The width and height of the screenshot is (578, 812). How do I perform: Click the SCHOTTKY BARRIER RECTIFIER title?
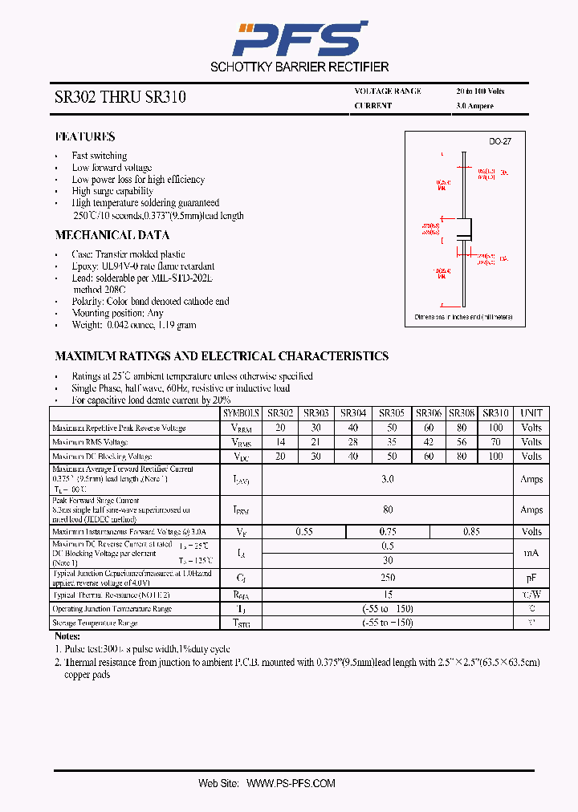pos(299,67)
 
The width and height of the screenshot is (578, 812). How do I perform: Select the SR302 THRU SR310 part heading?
pos(120,98)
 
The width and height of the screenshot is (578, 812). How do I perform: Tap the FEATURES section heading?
pos(85,137)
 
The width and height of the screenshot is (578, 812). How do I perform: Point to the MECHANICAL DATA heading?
pos(112,235)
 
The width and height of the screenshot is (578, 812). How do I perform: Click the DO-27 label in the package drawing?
pos(500,141)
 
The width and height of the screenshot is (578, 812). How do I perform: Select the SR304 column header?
pos(353,413)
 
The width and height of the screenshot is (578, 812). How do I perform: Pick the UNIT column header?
pos(531,413)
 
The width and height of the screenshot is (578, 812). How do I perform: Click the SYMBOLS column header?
pos(242,413)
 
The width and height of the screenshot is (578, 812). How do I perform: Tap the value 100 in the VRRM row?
pos(495,428)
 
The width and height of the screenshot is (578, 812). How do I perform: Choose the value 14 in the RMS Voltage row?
pos(280,442)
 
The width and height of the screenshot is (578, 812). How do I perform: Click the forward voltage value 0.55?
pos(304,532)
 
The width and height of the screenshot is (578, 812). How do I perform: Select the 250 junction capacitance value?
pos(388,578)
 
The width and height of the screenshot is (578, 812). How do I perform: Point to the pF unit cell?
pos(531,578)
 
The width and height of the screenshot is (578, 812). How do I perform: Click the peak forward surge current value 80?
pos(388,510)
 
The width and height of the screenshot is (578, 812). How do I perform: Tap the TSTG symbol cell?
pos(242,623)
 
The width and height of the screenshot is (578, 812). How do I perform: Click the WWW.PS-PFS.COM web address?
pos(291,783)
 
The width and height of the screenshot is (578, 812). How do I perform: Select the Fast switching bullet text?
pos(100,156)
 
